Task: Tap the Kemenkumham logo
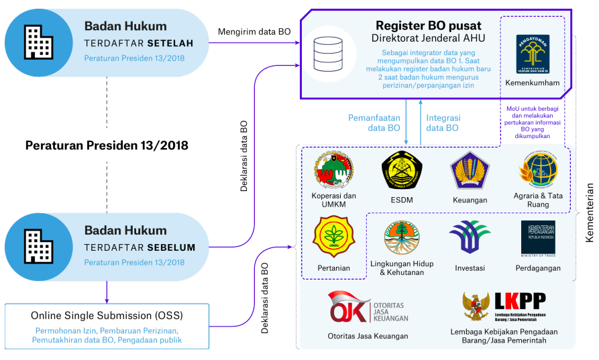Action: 532,54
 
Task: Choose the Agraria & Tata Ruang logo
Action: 537,170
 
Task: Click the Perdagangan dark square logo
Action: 538,237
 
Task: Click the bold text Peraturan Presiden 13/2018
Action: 107,145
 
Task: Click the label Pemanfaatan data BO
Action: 374,122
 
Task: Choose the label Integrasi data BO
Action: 443,122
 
